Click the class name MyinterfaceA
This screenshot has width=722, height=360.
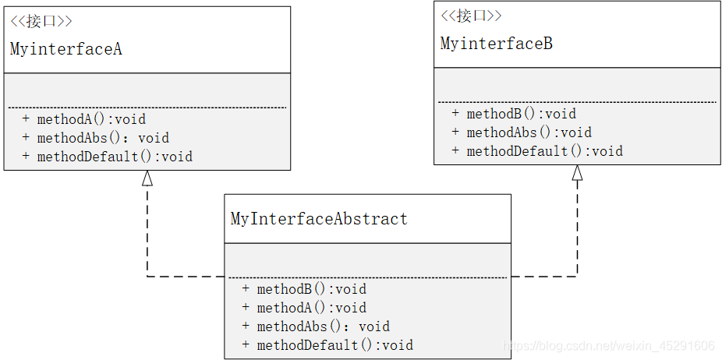click(x=65, y=49)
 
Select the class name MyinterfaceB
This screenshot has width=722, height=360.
click(x=497, y=44)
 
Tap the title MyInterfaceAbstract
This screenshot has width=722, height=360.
click(x=319, y=218)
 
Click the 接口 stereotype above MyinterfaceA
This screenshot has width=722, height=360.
click(x=41, y=22)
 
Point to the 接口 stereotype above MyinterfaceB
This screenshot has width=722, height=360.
click(x=471, y=16)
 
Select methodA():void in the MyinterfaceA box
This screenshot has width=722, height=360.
click(x=91, y=119)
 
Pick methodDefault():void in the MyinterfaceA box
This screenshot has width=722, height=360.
click(x=115, y=157)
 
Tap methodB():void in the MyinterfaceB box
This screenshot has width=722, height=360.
click(x=522, y=114)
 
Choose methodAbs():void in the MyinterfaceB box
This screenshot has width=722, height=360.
click(x=529, y=132)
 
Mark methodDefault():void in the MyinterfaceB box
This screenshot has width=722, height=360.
click(x=545, y=151)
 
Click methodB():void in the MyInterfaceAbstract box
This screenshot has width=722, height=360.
click(x=312, y=289)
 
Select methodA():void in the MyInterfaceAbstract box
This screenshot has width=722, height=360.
click(x=312, y=308)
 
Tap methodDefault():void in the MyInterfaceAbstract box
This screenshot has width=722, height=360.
click(x=335, y=345)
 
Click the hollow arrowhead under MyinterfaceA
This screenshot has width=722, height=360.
click(x=147, y=178)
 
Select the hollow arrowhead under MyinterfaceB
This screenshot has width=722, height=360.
click(x=577, y=173)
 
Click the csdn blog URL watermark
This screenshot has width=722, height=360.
click(x=609, y=345)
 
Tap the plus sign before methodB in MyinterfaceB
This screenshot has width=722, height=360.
click(x=455, y=113)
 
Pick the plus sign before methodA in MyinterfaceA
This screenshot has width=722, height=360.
click(x=26, y=118)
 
